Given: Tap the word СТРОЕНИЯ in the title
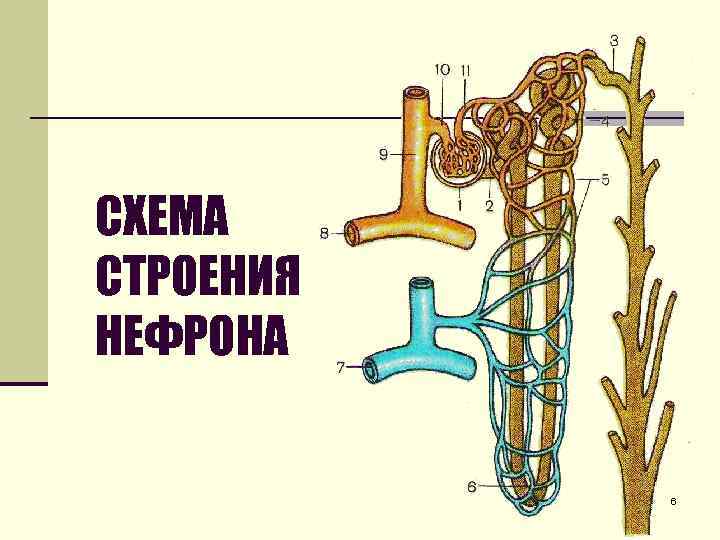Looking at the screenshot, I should click(197, 276).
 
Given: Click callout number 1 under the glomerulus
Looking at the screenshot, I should click(458, 205).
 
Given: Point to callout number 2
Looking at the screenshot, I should click(489, 206).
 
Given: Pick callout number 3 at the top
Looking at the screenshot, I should click(613, 41).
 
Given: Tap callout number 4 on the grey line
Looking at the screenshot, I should click(605, 121).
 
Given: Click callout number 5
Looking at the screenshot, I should click(604, 181).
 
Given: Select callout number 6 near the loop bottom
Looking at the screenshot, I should click(471, 487).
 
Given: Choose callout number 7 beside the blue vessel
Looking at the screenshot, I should click(341, 368).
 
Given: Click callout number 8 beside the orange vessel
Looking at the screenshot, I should click(324, 234).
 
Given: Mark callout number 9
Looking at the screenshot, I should click(383, 154).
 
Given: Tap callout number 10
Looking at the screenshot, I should click(443, 69).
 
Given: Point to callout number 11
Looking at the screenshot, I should click(466, 69).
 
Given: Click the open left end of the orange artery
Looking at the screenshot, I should click(351, 233).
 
